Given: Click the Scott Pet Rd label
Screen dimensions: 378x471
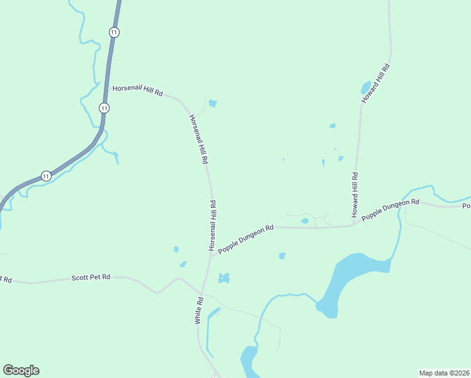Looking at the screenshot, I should click(91, 277).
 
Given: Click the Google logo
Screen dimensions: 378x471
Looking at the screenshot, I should click(21, 370).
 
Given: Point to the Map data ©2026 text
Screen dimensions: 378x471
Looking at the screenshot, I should click(444, 373).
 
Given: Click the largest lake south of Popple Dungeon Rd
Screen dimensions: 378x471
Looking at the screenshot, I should click(353, 275).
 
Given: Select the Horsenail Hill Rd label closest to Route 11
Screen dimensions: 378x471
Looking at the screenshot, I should click(137, 91).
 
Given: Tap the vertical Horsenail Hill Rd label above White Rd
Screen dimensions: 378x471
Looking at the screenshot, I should click(213, 225).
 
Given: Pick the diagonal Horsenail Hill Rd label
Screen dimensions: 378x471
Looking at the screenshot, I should click(198, 139).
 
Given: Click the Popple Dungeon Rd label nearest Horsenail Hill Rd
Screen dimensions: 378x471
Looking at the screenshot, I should click(246, 239).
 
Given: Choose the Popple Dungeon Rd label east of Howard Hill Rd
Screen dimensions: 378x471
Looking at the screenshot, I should click(390, 209).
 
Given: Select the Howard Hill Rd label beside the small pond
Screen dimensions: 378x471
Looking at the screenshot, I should click(376, 84).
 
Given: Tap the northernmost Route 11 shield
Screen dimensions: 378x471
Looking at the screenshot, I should click(114, 31).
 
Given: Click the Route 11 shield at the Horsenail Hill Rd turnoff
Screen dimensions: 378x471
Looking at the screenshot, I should click(104, 108).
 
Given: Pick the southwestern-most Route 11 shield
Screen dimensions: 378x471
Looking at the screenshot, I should click(46, 176).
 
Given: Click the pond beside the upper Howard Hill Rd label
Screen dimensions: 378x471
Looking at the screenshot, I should click(366, 87).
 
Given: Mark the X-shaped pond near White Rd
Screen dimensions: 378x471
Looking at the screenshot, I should click(224, 278).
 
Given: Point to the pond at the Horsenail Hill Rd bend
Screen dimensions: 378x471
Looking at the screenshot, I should click(213, 103).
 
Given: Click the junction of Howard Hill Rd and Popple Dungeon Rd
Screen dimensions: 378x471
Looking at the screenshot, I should click(352, 225).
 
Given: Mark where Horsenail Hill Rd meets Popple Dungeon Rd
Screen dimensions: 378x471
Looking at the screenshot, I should click(210, 255).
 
